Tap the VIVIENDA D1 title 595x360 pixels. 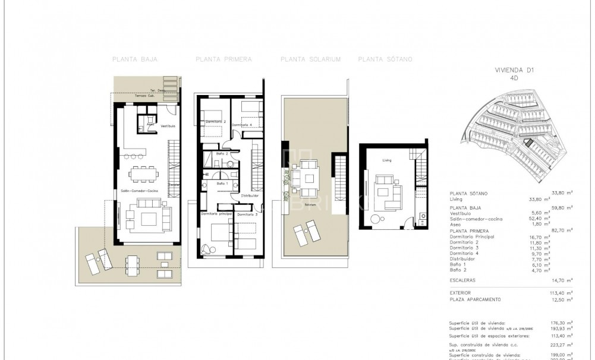[x=515, y=70]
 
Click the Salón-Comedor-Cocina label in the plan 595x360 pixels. [x=139, y=191]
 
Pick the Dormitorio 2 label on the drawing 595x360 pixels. [x=216, y=122]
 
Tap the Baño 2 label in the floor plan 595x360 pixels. [x=222, y=154]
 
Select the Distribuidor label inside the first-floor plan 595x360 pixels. [x=250, y=195]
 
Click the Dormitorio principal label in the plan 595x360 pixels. [x=216, y=214]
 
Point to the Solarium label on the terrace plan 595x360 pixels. [x=310, y=204]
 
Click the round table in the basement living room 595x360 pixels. [x=375, y=219]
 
